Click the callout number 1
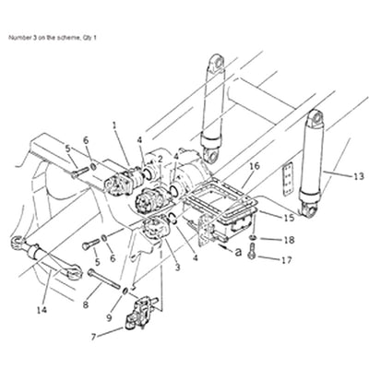pyautogui.click(x=115, y=125)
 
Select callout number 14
pyautogui.click(x=39, y=310)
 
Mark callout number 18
pyautogui.click(x=288, y=240)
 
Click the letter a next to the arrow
pyautogui.click(x=238, y=250)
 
